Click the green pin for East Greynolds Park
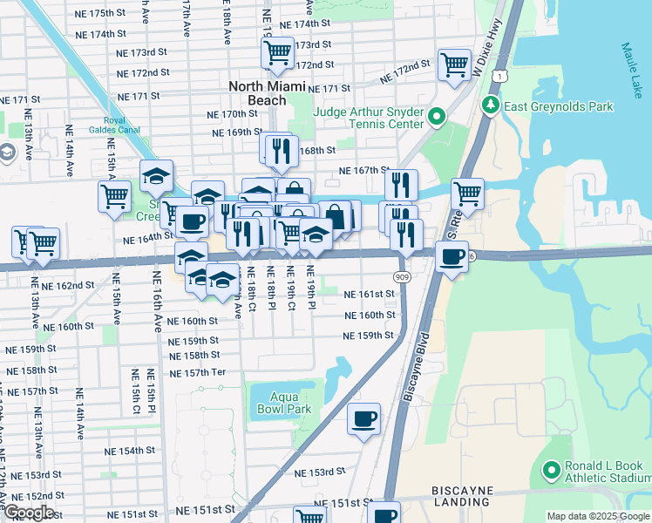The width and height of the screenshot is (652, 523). click(490, 106)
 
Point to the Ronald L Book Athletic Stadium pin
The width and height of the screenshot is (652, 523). click(550, 471)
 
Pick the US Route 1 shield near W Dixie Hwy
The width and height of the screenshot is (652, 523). click(497, 78)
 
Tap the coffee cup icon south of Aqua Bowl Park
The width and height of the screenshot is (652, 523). click(363, 419)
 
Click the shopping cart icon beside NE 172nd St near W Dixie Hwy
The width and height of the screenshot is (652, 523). click(455, 65)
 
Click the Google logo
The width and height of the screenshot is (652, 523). click(30, 513)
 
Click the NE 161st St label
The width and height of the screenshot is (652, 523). click(369, 295)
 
